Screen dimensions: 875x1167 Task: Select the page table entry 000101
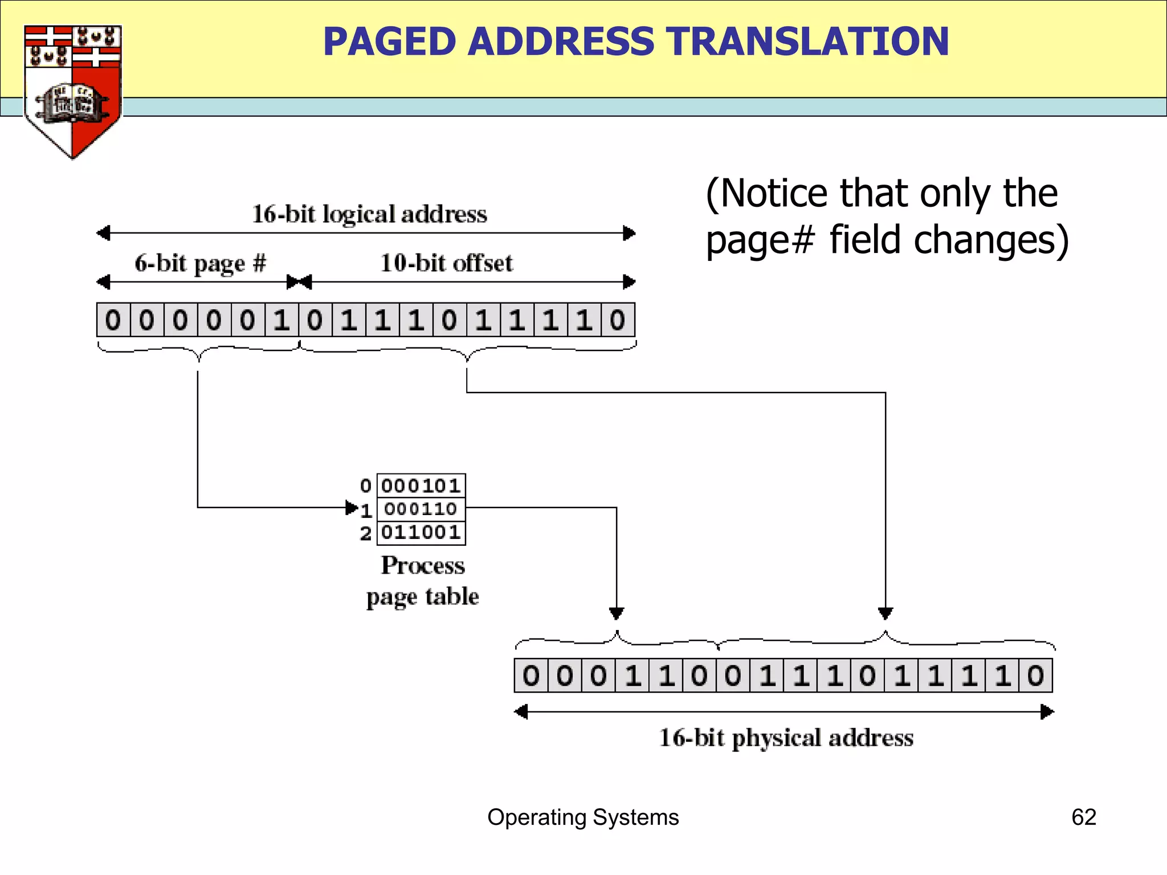click(421, 486)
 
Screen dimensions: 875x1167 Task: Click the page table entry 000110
click(421, 509)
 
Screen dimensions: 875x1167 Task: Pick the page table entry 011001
click(421, 533)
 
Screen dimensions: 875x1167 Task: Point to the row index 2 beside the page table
click(366, 534)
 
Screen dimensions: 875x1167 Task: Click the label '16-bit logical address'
click(369, 215)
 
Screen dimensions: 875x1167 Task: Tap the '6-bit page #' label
click(200, 264)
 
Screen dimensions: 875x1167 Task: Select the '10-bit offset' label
click(446, 264)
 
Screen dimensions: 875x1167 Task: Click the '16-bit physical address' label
click(786, 738)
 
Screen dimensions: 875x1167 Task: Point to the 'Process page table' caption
click(422, 580)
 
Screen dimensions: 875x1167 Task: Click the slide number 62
click(1083, 817)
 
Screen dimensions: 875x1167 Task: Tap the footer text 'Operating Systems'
click(583, 817)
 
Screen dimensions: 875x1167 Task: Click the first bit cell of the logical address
click(113, 320)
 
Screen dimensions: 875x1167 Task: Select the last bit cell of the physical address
click(1035, 676)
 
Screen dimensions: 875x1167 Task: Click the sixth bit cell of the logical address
click(281, 320)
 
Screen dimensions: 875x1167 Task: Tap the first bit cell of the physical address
click(531, 676)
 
